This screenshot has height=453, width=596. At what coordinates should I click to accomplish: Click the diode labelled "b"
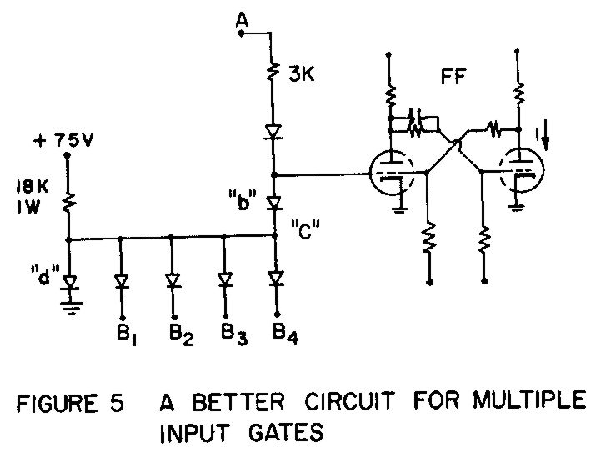pos(276,202)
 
